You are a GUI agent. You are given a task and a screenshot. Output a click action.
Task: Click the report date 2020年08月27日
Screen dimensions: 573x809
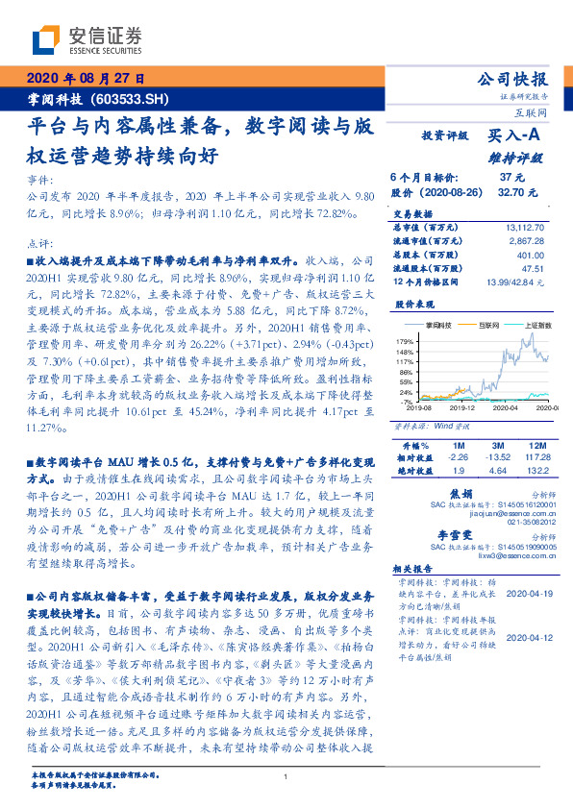(x=85, y=79)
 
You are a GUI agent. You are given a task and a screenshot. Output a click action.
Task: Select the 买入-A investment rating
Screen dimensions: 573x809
(x=512, y=136)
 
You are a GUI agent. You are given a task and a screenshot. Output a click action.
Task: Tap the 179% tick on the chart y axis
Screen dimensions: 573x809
(x=405, y=341)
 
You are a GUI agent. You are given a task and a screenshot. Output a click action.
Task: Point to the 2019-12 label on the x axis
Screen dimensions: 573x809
(x=453, y=407)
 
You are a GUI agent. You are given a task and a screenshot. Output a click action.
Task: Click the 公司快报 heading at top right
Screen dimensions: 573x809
(x=512, y=80)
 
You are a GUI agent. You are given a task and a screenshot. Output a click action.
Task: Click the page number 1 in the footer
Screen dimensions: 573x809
(x=286, y=776)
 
